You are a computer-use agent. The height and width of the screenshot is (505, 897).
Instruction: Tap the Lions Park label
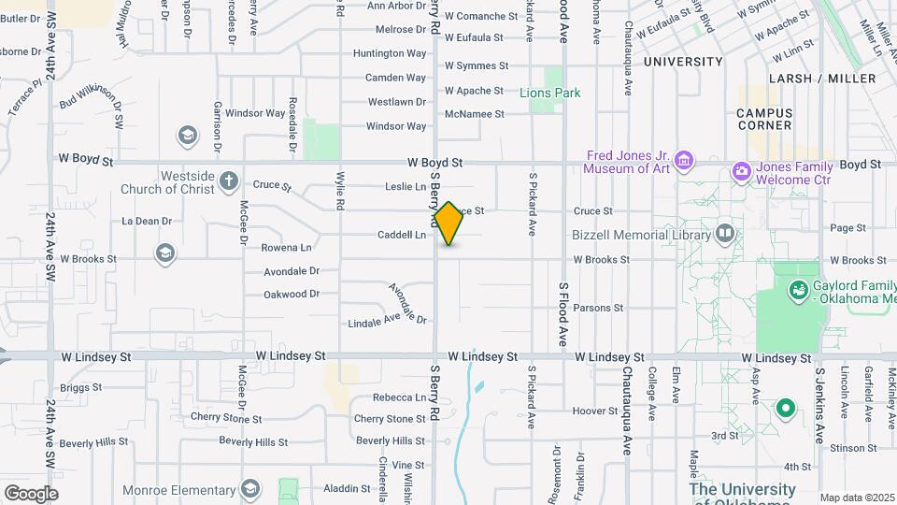550,93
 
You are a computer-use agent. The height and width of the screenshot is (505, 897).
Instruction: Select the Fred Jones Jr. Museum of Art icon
684,162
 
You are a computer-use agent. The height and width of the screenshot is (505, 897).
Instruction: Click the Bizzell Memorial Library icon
724,233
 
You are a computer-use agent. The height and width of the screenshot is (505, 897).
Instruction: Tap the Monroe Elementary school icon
249,488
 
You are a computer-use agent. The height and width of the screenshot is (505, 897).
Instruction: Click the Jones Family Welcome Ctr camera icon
742,171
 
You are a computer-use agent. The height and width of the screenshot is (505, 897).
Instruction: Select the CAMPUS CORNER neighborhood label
776,119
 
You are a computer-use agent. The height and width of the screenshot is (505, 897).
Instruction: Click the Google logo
31,493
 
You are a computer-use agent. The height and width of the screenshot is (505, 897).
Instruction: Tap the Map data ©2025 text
856,498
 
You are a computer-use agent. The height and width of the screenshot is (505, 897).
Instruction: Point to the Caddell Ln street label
402,235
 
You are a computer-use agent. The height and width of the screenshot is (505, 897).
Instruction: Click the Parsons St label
598,308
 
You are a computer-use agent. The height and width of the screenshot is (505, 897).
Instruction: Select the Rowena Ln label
286,248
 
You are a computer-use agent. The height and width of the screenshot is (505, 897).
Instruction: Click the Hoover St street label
595,411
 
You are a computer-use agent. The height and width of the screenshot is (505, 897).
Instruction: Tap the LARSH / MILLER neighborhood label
822,79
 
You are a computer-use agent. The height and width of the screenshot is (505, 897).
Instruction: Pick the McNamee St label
475,114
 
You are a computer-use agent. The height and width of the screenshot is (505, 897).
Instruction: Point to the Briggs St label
80,387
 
